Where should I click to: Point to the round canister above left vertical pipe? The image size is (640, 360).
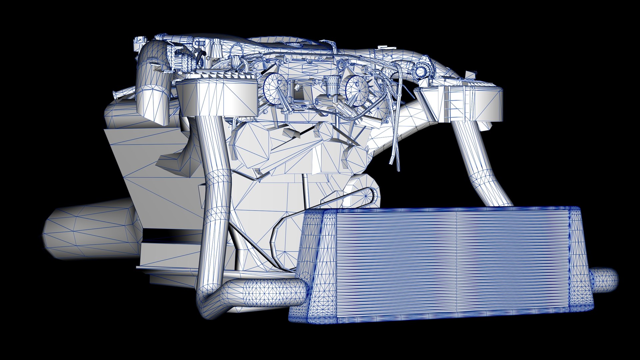(x=217, y=98)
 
